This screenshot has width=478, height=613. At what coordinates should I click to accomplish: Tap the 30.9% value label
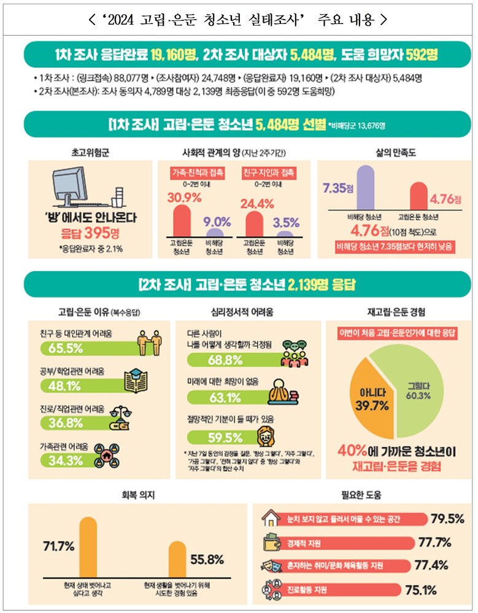(182, 198)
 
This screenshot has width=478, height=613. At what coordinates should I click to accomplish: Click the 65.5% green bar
(80, 349)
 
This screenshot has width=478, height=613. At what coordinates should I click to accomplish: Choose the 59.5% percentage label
(207, 438)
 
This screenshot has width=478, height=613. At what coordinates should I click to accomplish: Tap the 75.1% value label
(421, 591)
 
